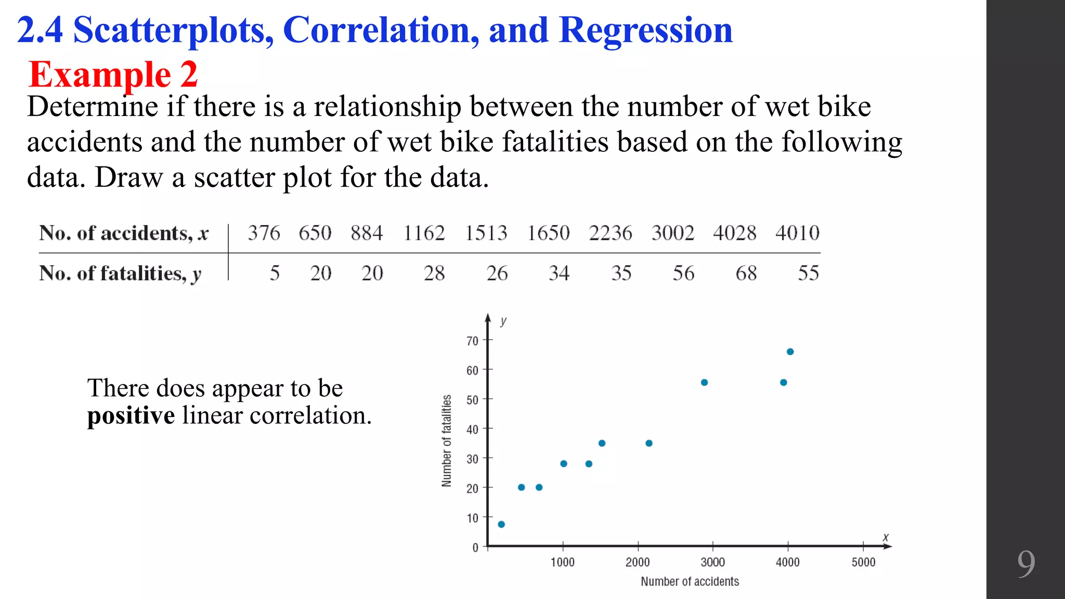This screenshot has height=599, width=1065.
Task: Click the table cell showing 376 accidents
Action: click(x=264, y=233)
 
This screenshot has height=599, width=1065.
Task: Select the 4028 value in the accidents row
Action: click(x=734, y=233)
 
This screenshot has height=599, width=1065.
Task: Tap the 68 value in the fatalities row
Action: click(x=746, y=273)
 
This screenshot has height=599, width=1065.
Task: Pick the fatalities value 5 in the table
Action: click(x=275, y=273)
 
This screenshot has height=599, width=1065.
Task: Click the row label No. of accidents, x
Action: click(x=124, y=233)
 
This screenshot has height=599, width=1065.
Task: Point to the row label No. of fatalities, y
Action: click(x=120, y=274)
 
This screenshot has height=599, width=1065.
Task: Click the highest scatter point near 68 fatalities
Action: click(x=790, y=352)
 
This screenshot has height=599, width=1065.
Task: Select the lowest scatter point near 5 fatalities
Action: click(x=501, y=524)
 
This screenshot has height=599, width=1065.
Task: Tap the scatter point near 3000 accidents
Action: click(x=704, y=383)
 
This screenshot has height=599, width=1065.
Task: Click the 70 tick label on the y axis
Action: click(x=472, y=341)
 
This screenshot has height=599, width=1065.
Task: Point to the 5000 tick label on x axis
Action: click(x=863, y=562)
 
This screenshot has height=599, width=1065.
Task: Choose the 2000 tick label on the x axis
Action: click(x=638, y=562)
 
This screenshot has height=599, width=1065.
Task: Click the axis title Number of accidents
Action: click(x=690, y=581)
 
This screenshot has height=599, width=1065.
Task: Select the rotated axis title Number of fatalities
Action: click(x=447, y=440)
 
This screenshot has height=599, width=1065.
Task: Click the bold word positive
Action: click(x=131, y=415)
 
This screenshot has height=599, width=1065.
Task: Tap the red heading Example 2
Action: click(x=113, y=74)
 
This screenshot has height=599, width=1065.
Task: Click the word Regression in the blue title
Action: click(x=645, y=30)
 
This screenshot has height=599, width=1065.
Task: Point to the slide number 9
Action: click(x=1025, y=564)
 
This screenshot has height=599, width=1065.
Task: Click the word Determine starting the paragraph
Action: click(x=93, y=107)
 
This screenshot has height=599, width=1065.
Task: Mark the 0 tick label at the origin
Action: click(x=475, y=548)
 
